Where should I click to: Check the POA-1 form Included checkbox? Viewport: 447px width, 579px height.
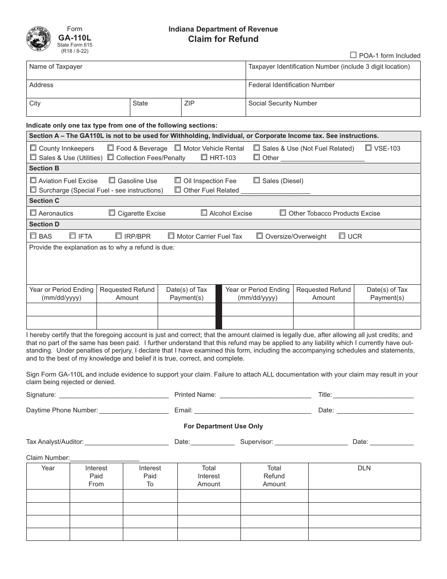353,55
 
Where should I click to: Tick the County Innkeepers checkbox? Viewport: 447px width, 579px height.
33,148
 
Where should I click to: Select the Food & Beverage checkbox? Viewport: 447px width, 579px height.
111,148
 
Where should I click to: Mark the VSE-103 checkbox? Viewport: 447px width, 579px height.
368,148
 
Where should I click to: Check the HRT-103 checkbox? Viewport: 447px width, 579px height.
204,157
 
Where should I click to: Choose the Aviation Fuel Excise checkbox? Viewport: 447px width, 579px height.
33,180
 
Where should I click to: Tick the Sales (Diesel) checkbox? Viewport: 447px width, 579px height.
257,180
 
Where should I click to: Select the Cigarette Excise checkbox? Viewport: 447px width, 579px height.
112,213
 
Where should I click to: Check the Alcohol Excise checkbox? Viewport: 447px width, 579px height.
204,213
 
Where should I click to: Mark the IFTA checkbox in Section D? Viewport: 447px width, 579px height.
73,236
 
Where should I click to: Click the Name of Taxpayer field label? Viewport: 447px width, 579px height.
56,67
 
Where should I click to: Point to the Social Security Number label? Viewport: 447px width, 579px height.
282,104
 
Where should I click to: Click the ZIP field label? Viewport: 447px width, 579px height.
189,104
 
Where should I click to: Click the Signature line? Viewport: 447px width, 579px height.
113,395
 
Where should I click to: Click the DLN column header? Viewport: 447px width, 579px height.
364,468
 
